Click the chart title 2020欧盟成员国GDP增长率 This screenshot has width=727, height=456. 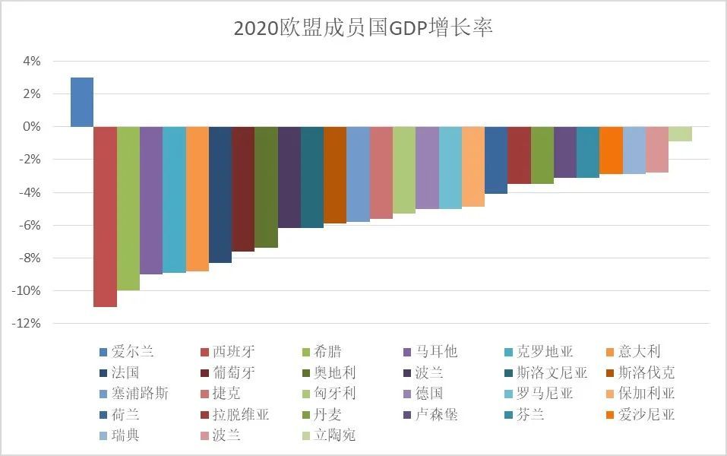pyautogui.click(x=363, y=28)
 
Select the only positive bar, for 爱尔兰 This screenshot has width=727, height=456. pyautogui.click(x=82, y=102)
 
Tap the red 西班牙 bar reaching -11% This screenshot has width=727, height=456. pyautogui.click(x=105, y=217)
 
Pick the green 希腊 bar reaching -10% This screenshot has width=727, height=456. pyautogui.click(x=128, y=208)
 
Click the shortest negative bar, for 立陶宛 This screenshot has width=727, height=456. pyautogui.click(x=680, y=134)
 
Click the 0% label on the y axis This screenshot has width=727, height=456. pyautogui.click(x=30, y=127)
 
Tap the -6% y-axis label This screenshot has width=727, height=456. pyautogui.click(x=27, y=225)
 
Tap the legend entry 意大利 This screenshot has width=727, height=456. pyautogui.click(x=640, y=352)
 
